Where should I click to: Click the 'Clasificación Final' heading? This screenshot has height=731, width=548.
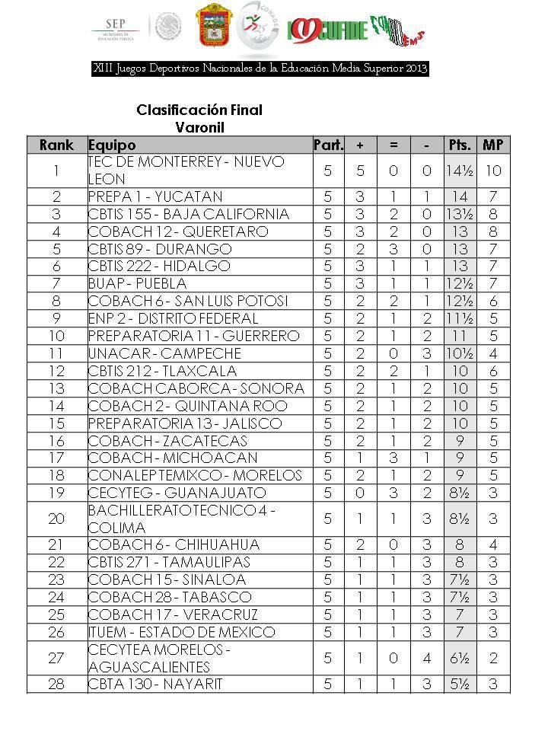(x=199, y=110)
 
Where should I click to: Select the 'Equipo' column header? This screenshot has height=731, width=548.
(x=112, y=145)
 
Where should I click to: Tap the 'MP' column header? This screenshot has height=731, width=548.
(x=493, y=145)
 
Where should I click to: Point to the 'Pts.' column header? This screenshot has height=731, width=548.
(x=460, y=145)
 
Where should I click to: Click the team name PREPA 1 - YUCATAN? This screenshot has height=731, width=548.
(x=155, y=196)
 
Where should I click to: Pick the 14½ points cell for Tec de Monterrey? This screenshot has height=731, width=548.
(x=460, y=171)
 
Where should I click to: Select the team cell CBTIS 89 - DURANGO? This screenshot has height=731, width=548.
(x=160, y=249)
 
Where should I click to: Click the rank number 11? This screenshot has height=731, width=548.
(x=56, y=353)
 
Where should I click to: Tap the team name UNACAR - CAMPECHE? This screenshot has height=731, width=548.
(x=164, y=353)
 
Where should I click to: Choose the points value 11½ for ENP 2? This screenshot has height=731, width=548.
(x=460, y=318)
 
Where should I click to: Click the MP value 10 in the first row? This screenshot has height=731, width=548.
(x=493, y=171)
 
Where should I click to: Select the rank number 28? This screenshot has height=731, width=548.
(x=56, y=684)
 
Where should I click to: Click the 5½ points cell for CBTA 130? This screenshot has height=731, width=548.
(x=460, y=684)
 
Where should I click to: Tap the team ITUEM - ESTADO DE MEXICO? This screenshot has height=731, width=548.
(x=181, y=632)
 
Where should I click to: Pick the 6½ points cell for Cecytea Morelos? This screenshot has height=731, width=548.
(x=460, y=658)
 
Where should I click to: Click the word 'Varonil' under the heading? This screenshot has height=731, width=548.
(x=199, y=126)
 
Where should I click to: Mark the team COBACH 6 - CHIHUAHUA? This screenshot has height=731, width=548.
(x=174, y=544)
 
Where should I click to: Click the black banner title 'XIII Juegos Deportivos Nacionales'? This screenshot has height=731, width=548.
(x=260, y=69)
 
